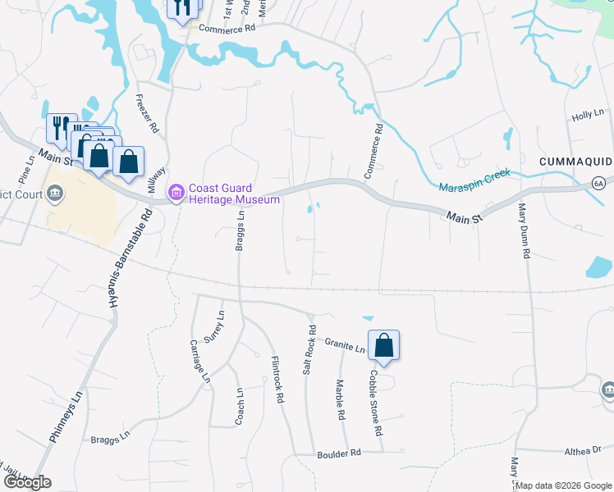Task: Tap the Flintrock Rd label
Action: (x=277, y=379)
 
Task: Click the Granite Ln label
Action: (x=344, y=344)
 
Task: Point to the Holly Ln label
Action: (x=588, y=116)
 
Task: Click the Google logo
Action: (x=26, y=482)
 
